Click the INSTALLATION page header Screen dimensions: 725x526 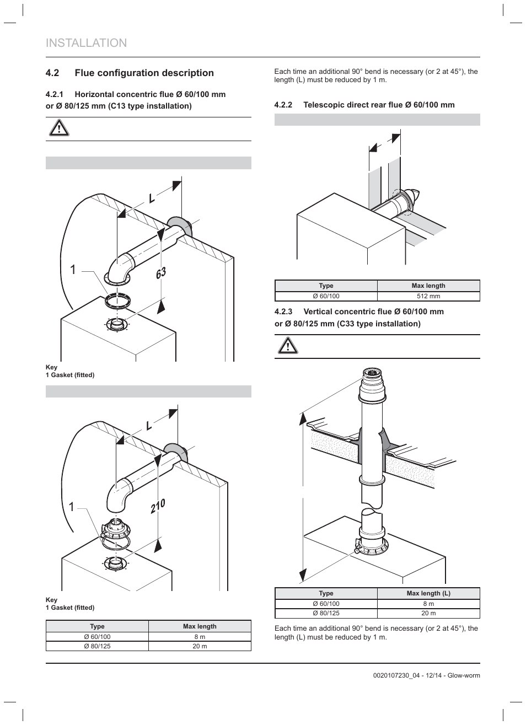pyautogui.click(x=87, y=43)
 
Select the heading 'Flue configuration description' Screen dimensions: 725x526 pyautogui.click(x=144, y=73)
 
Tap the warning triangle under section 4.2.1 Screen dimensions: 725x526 pyautogui.click(x=58, y=128)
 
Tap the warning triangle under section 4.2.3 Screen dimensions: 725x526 pyautogui.click(x=287, y=346)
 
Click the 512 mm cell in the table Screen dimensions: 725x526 pyautogui.click(x=428, y=296)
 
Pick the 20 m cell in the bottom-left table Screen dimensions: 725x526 pyautogui.click(x=200, y=646)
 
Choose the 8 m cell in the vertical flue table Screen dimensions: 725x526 pyautogui.click(x=428, y=604)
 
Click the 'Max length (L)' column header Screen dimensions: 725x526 pyautogui.click(x=428, y=593)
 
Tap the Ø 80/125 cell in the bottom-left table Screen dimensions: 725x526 pyautogui.click(x=97, y=646)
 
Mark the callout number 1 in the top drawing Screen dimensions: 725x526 pyautogui.click(x=73, y=270)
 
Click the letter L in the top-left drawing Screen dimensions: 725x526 pyautogui.click(x=151, y=197)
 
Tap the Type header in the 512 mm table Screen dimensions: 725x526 pyautogui.click(x=326, y=286)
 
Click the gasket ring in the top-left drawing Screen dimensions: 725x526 pyautogui.click(x=117, y=302)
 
